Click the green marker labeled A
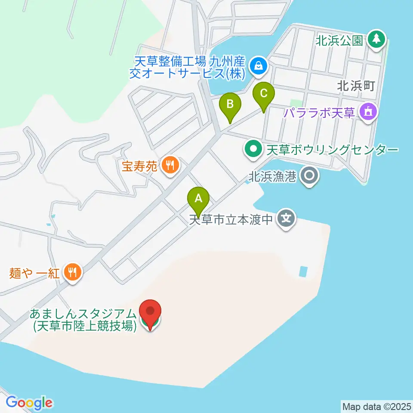coord(198,198)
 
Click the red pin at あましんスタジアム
coord(150,313)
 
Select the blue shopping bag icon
coord(259,66)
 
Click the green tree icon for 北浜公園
coord(377,40)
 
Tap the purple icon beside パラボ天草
coord(369,113)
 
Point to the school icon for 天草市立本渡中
coord(286,219)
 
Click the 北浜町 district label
coord(356,86)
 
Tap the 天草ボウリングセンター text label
coord(332,150)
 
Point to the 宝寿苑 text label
coord(141,166)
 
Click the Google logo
coord(29,403)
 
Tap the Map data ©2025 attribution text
coord(376,406)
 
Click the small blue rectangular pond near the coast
coord(303,271)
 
